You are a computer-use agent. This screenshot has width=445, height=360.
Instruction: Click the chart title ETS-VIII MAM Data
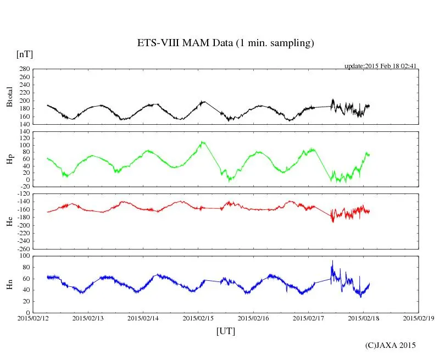click(225, 43)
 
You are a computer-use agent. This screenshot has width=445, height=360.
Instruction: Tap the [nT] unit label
click(24, 54)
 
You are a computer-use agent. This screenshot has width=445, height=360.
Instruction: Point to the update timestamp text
click(381, 66)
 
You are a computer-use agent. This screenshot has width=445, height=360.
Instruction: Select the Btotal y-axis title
click(9, 97)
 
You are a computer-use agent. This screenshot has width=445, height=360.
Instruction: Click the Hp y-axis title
click(9, 159)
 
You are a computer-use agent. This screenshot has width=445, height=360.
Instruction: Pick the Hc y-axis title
click(9, 221)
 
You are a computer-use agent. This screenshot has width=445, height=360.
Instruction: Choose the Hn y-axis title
click(9, 284)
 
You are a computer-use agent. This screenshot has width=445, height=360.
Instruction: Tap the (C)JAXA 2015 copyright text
click(391, 345)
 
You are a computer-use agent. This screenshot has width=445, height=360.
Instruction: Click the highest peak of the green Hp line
click(203, 142)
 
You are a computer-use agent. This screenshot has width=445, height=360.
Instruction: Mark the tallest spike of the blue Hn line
click(332, 261)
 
